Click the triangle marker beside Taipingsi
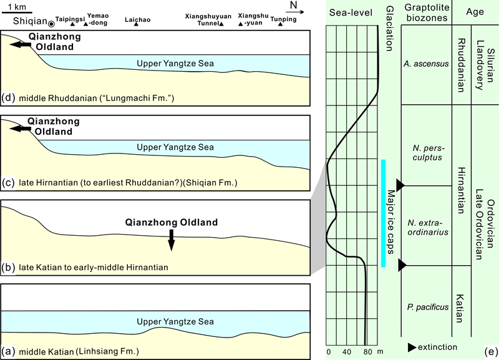point(73,24)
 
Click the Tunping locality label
point(280,19)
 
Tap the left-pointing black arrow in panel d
point(26,45)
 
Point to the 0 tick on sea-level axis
point(329,352)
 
